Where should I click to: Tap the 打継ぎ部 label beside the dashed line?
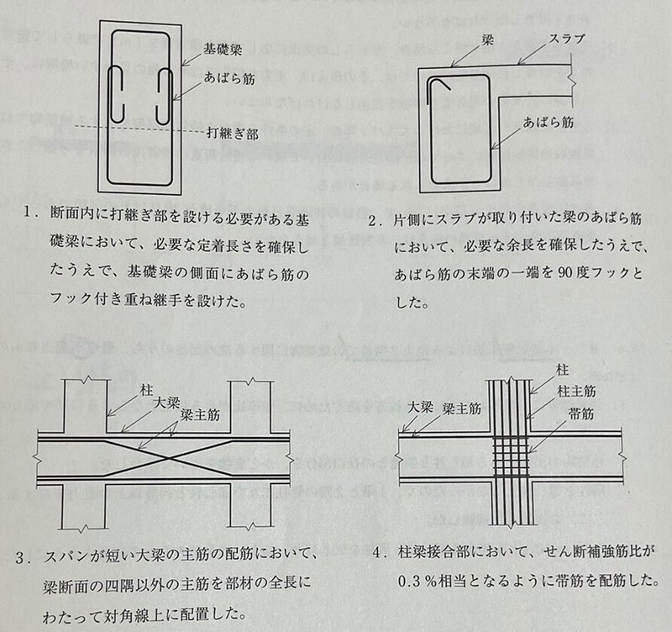pyautogui.click(x=231, y=132)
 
